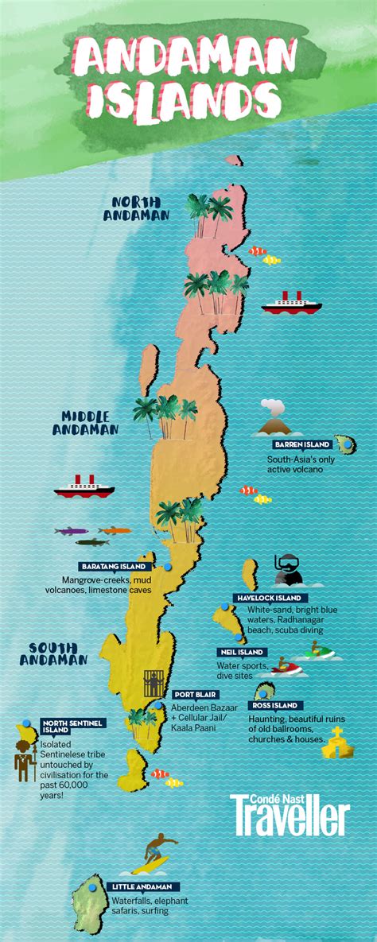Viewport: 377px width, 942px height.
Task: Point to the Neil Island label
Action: coord(241,652)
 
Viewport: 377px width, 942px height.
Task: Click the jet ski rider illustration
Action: coord(317,652)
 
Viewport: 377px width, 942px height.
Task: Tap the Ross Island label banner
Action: coord(274,705)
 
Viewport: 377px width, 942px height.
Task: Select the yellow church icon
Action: coord(337,741)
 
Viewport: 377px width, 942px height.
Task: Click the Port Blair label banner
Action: coord(192,693)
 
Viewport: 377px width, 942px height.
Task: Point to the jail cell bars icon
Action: coord(154,683)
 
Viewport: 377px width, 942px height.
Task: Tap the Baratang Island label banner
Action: coord(113,567)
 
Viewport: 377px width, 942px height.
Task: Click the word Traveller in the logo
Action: coord(291,818)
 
